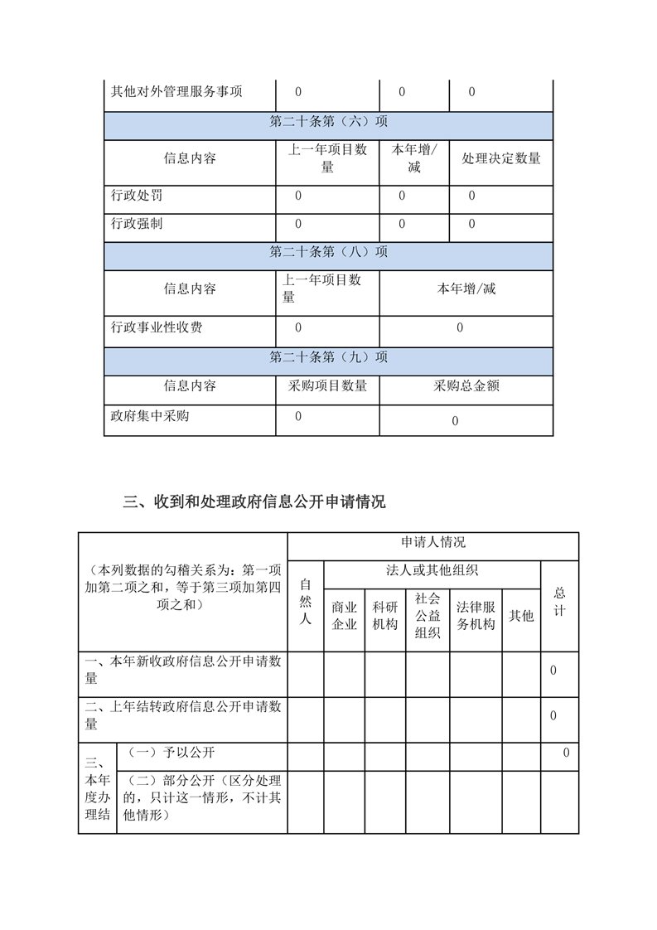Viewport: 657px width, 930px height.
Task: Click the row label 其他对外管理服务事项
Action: [x=176, y=92]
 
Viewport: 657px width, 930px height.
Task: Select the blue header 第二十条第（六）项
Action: [x=328, y=121]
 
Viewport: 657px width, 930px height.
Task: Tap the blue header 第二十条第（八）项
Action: [x=328, y=252]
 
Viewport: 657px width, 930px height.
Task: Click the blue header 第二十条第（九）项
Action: [x=328, y=357]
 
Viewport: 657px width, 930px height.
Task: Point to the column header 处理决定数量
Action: [x=501, y=158]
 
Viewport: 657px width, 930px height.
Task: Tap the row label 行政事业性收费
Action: [x=157, y=327]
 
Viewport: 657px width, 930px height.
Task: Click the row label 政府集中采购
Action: [x=150, y=415]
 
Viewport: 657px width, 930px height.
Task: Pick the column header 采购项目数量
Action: [x=327, y=385]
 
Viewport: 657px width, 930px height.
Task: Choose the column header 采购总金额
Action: [x=466, y=385]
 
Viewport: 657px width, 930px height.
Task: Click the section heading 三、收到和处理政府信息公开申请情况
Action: [x=254, y=502]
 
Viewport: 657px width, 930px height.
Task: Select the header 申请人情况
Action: [x=432, y=543]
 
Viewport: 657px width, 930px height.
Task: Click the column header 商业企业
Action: [x=344, y=616]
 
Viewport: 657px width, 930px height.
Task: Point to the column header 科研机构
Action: [x=385, y=616]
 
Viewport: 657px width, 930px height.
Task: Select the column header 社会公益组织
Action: [x=428, y=616]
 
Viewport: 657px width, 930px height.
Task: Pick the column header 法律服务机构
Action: [x=476, y=616]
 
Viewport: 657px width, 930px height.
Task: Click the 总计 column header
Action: [x=559, y=602]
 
